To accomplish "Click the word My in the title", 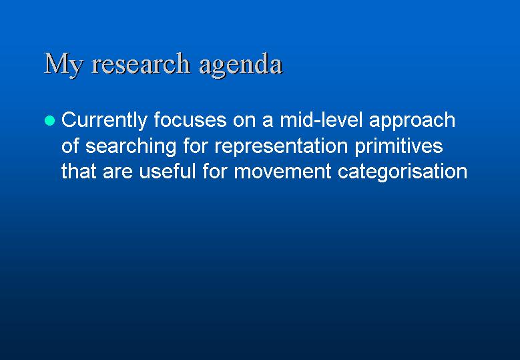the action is [63, 64].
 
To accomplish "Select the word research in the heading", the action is [141, 63].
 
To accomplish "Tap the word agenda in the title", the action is [241, 65].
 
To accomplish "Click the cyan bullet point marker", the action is [49, 120].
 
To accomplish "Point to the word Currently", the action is [104, 120].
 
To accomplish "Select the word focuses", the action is [190, 120].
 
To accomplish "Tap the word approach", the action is [413, 121].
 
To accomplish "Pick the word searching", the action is [131, 147].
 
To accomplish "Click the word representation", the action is [281, 147].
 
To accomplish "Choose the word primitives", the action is [399, 147].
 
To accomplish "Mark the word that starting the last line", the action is [79, 171].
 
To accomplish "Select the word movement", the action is [282, 172].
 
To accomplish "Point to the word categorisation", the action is [403, 172].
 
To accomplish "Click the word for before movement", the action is [214, 171].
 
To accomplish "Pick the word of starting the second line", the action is [70, 146].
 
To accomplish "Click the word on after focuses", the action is [244, 122].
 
